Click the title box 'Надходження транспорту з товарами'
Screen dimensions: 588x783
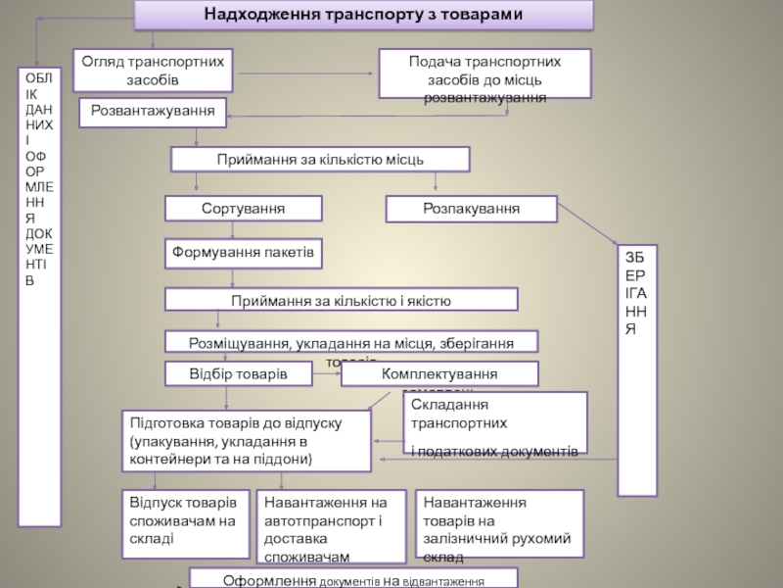click(x=363, y=15)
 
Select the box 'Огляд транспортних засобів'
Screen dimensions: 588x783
click(x=152, y=70)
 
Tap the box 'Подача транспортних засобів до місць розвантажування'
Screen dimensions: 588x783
click(x=485, y=73)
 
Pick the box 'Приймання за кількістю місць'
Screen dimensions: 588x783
click(x=320, y=159)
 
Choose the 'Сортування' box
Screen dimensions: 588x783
click(x=243, y=209)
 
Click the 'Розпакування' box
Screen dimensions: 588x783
click(x=471, y=209)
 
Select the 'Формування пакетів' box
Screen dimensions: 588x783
click(x=243, y=254)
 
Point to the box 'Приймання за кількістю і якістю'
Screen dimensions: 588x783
click(x=341, y=299)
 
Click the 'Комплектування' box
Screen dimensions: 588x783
click(x=439, y=374)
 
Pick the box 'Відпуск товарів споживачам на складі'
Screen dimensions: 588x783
click(x=185, y=520)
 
